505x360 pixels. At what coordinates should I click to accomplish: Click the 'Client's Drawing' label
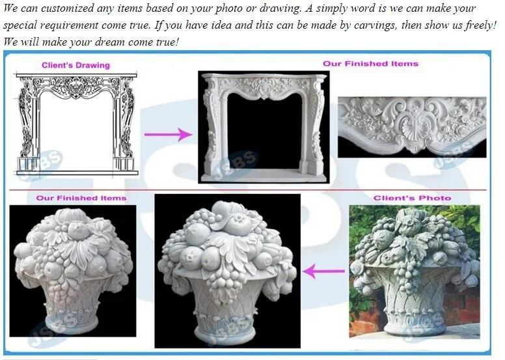[75, 65]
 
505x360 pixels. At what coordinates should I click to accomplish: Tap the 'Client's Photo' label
[412, 198]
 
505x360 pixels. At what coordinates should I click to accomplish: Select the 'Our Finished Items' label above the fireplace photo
[371, 64]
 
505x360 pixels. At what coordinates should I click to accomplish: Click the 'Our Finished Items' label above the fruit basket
[81, 198]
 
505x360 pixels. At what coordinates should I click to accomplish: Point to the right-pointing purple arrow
[168, 134]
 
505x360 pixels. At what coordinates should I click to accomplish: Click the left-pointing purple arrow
[324, 271]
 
